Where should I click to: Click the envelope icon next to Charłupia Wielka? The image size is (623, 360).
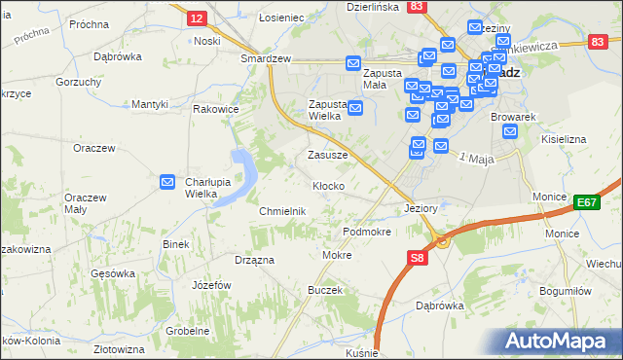(x=167, y=182)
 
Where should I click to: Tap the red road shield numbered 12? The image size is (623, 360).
(x=197, y=18)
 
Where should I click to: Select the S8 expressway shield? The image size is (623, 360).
(x=417, y=257)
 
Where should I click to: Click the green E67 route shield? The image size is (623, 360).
(x=586, y=201)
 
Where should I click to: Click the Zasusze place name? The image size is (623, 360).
(x=327, y=155)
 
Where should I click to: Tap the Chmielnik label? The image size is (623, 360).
(x=283, y=211)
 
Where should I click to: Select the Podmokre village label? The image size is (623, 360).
(x=367, y=232)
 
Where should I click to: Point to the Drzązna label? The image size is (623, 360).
(x=254, y=261)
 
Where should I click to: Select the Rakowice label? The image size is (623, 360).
(x=216, y=109)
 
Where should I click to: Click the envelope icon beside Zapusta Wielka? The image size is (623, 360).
(x=355, y=107)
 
